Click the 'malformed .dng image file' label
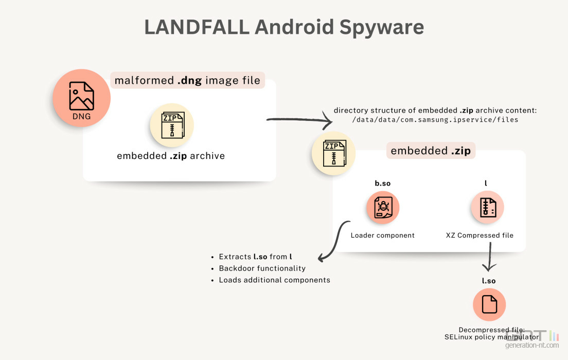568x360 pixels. (x=188, y=81)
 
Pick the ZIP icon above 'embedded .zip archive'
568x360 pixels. (x=172, y=125)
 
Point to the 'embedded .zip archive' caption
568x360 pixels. (x=171, y=155)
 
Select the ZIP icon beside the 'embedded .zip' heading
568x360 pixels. (x=333, y=153)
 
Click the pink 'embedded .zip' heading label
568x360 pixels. (x=431, y=151)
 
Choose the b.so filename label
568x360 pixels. (x=383, y=183)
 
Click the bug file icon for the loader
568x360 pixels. (x=383, y=207)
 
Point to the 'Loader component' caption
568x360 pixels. (x=383, y=236)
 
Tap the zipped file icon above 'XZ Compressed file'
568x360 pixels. (x=487, y=207)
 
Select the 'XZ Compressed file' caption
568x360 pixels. (x=480, y=236)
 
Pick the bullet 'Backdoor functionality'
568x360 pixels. (x=262, y=268)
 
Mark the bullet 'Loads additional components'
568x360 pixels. (x=274, y=280)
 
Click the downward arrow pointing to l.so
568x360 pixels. (x=489, y=257)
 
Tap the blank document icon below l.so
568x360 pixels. (x=489, y=305)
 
